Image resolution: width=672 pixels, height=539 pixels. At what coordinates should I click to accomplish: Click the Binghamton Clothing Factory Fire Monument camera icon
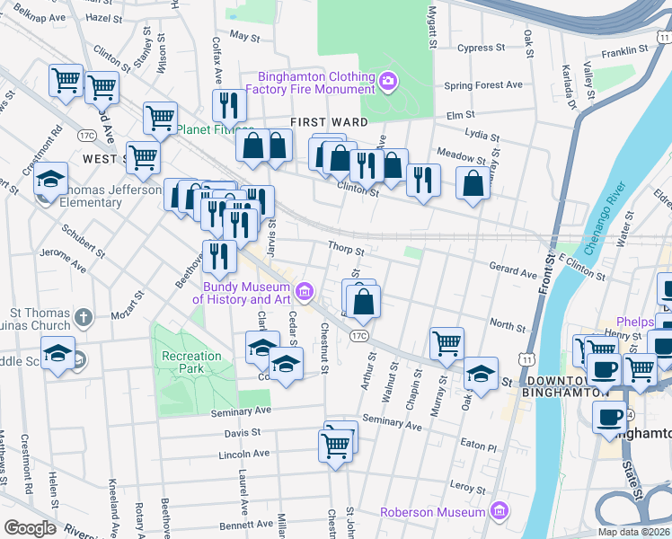(388, 83)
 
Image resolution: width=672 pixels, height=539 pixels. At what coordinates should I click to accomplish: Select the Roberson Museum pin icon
(500, 512)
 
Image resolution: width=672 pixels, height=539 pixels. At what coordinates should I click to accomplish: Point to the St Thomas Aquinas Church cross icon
(83, 317)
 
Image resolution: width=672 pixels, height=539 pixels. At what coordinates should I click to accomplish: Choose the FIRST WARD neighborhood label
(328, 122)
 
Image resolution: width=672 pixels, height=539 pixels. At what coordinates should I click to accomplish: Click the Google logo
(30, 528)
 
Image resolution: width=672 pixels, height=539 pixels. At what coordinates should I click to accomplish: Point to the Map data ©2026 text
(632, 532)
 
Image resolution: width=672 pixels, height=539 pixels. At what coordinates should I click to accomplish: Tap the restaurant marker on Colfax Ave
(229, 105)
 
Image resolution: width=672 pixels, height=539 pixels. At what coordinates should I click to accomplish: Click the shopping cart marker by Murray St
(447, 342)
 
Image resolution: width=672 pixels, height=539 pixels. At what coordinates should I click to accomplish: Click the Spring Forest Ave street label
(483, 85)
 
